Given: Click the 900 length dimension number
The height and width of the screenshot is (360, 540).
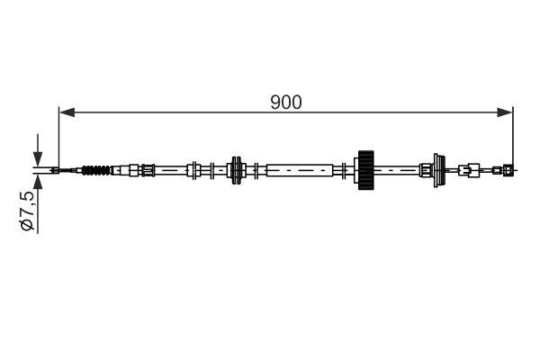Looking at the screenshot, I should pyautogui.click(x=286, y=102).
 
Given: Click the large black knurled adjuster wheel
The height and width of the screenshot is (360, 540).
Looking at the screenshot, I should pyautogui.click(x=365, y=168).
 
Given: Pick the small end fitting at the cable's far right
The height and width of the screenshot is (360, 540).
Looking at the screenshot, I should pyautogui.click(x=508, y=168).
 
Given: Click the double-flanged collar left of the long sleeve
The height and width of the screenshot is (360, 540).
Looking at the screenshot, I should pyautogui.click(x=237, y=168).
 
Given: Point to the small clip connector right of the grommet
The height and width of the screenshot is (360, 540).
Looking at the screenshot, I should pyautogui.click(x=468, y=168).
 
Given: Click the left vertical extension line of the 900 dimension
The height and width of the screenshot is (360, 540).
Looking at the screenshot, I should pyautogui.click(x=58, y=135).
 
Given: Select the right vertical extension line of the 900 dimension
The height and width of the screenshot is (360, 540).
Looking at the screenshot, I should pyautogui.click(x=513, y=135).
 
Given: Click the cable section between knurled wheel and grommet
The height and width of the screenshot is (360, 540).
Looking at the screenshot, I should pyautogui.click(x=400, y=168).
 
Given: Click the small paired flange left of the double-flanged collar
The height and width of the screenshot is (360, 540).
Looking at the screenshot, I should pyautogui.click(x=193, y=168).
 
